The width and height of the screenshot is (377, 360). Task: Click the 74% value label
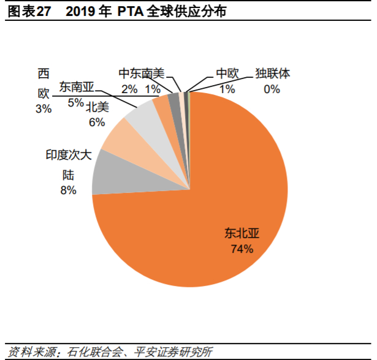click(x=242, y=249)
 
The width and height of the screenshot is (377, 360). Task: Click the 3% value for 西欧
click(x=44, y=108)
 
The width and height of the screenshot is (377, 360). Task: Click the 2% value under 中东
click(x=129, y=89)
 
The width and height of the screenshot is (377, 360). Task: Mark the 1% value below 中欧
click(x=227, y=89)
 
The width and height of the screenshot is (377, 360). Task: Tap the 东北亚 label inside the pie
click(x=242, y=233)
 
